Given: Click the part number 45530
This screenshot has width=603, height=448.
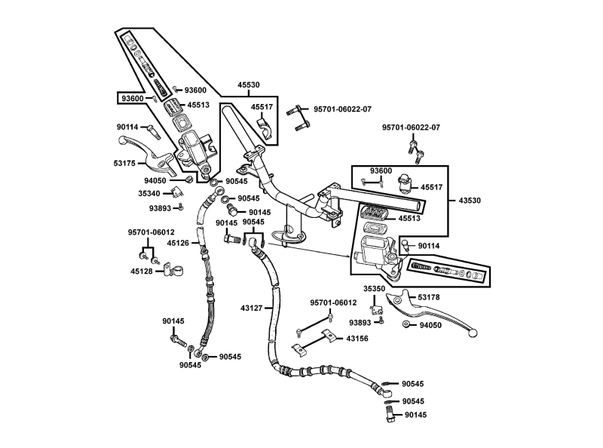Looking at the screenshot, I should pyautogui.click(x=249, y=85).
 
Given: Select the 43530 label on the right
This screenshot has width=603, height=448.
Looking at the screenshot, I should pyautogui.click(x=470, y=200).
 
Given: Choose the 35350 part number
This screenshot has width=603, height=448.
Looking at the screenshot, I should pyautogui.click(x=375, y=288).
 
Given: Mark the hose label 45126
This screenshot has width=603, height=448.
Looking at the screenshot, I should pyautogui.click(x=178, y=243).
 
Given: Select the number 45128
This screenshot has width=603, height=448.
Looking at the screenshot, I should pyautogui.click(x=142, y=271).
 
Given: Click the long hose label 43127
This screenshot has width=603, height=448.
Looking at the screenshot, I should pyautogui.click(x=252, y=308).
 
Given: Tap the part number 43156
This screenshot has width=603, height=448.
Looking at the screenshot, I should pyautogui.click(x=358, y=339).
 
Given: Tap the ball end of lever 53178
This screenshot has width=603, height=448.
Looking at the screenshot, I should pyautogui.click(x=473, y=333).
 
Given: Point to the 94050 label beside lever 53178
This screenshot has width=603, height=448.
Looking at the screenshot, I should pyautogui.click(x=430, y=324).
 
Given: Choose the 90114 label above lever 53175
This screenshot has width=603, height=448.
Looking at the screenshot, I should pyautogui.click(x=128, y=128).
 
